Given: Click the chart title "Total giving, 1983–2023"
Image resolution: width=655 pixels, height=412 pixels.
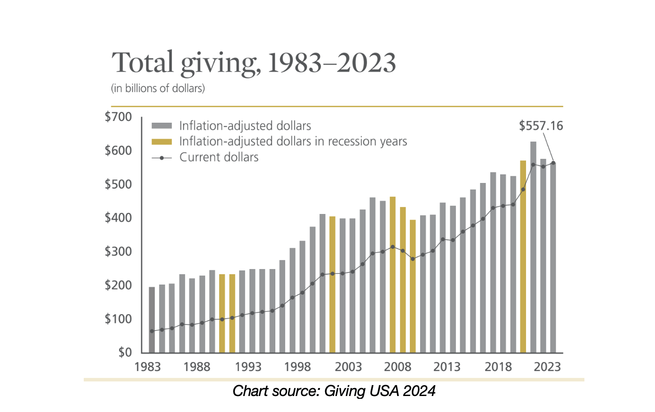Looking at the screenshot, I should [x=254, y=63].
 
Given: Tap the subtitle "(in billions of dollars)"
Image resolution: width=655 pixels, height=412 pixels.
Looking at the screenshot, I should [x=158, y=88].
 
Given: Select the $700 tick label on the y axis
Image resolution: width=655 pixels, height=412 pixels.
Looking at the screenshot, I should [x=118, y=117].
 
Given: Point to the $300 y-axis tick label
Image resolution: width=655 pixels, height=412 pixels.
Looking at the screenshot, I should [x=118, y=251].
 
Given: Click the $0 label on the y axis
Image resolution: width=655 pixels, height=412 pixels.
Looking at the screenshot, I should [x=125, y=352].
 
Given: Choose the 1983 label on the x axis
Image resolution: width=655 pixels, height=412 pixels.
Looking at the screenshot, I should [x=147, y=367].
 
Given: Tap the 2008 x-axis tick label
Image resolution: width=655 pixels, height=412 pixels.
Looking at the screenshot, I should [x=398, y=367].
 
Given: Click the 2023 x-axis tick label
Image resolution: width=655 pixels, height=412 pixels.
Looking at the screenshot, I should [x=547, y=367].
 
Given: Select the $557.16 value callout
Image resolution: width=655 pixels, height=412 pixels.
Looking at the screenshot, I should [x=541, y=126].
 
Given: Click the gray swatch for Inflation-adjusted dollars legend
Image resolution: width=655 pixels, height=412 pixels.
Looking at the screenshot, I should [x=161, y=126].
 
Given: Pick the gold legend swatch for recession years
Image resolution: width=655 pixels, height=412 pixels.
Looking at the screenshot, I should [x=161, y=142].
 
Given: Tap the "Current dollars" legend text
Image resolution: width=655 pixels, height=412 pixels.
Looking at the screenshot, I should [x=219, y=158].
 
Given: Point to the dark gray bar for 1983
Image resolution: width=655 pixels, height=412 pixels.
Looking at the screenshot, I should [x=152, y=320].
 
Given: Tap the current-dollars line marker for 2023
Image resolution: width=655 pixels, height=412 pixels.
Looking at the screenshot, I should [x=553, y=163].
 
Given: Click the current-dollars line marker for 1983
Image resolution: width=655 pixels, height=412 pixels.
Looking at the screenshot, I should [x=152, y=331].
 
